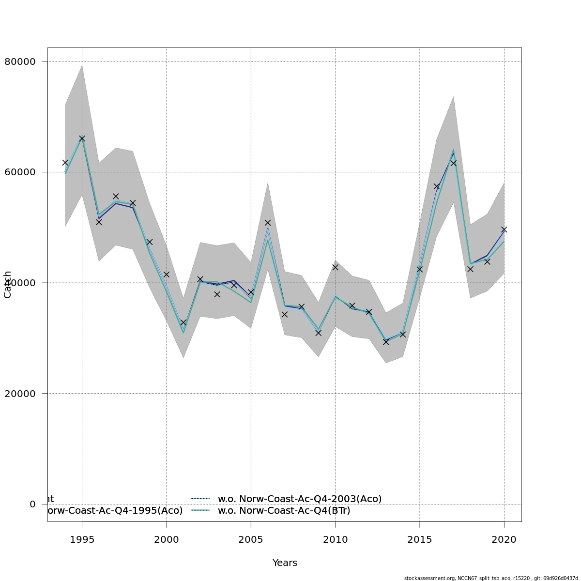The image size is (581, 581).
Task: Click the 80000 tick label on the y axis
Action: pos(20,61)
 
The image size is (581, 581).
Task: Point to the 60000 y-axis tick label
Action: pos(20,172)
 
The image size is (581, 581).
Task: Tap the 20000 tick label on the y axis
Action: pos(20,394)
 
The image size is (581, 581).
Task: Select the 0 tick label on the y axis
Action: pos(32,504)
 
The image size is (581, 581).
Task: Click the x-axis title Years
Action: pos(285,563)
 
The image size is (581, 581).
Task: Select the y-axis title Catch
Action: pos(8,285)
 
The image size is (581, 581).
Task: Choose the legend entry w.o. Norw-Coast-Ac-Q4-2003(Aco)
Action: pos(300,499)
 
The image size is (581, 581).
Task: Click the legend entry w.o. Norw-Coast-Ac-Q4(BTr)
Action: pos(284,510)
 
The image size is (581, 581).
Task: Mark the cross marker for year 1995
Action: pos(82,139)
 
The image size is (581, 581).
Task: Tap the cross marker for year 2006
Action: pos(268,223)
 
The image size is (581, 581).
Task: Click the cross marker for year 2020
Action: pos(504,229)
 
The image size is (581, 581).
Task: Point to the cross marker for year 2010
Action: pos(335,267)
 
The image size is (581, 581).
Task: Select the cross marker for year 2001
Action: pos(183,322)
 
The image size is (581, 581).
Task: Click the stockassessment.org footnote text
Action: pos(491,578)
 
